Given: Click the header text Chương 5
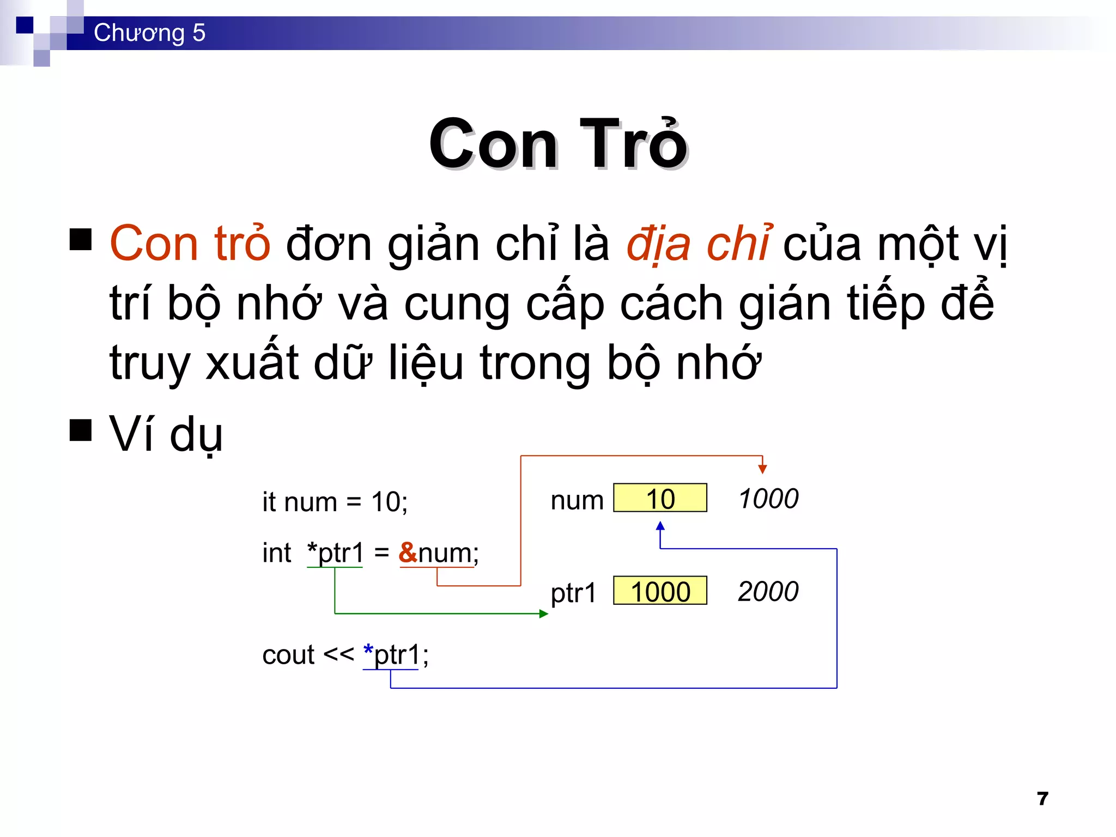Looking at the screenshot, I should click(149, 33).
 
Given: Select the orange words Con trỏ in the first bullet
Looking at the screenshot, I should click(190, 244).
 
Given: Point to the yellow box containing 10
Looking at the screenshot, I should click(660, 498).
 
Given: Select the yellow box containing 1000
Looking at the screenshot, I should click(660, 591).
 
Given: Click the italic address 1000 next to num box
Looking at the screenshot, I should click(768, 499).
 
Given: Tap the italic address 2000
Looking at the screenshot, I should click(768, 591).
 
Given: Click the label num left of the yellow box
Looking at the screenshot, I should click(577, 500).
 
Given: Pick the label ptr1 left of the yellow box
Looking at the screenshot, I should click(573, 593).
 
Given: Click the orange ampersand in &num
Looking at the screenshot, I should click(408, 553).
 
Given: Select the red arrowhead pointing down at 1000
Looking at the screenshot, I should click(762, 469).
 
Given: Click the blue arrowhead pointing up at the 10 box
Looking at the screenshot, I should click(660, 526).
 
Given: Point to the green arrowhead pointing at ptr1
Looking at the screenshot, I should click(543, 614).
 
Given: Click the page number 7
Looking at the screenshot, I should click(1042, 798).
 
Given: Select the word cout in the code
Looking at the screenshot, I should click(288, 655).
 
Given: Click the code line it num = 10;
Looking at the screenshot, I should click(335, 501).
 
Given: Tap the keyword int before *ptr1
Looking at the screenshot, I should click(277, 553).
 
